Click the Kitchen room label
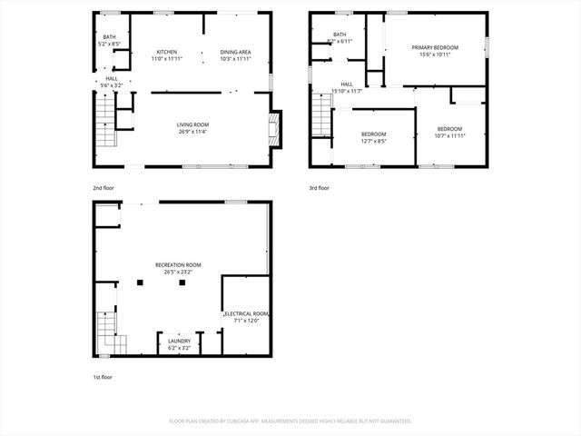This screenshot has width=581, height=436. [166, 52]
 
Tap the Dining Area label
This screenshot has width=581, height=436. [236, 52]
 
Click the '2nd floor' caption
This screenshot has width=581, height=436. [103, 188]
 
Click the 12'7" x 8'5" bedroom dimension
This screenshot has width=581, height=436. [373, 141]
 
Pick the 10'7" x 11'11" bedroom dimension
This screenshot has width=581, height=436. [449, 135]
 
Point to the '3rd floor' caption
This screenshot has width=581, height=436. [319, 188]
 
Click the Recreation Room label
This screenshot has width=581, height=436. [178, 264]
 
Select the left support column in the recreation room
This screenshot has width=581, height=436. [140, 282]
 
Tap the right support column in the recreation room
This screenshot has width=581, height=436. [182, 282]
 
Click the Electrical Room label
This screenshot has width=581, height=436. [247, 312]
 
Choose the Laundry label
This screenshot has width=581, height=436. [179, 341]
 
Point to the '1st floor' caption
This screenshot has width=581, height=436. [103, 376]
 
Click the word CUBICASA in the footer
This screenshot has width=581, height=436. [246, 421]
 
